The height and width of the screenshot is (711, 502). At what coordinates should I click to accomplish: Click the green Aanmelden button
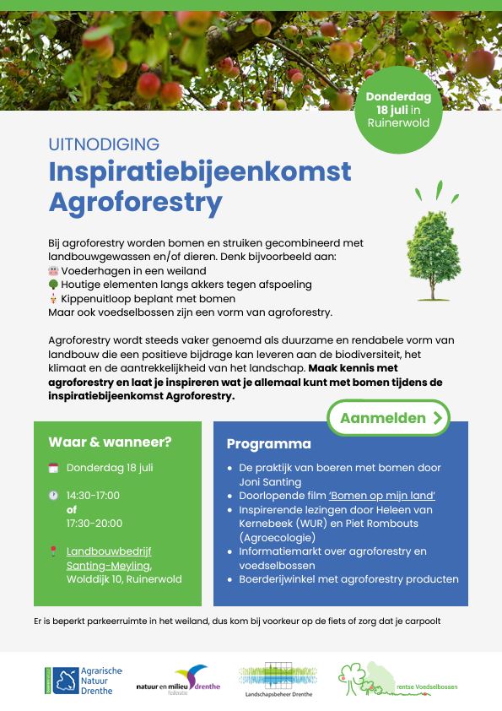[388, 418]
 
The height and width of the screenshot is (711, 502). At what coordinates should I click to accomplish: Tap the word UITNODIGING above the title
[104, 144]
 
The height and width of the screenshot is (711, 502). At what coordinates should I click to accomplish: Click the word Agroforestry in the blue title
[136, 203]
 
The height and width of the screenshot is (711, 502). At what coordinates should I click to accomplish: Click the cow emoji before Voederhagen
[53, 271]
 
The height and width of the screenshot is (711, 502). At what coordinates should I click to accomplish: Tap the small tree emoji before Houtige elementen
[53, 285]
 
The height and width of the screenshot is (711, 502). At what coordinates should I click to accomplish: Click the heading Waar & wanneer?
[110, 442]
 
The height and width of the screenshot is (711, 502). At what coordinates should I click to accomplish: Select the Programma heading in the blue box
[268, 443]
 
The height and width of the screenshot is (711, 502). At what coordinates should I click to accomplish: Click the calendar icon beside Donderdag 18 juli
[53, 467]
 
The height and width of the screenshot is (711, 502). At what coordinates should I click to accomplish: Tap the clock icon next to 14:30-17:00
[53, 496]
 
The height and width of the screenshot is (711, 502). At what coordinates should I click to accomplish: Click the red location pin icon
[53, 551]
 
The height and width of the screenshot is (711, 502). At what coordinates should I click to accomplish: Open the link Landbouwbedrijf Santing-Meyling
[109, 558]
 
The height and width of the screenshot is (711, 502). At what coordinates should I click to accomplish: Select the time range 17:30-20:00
[94, 524]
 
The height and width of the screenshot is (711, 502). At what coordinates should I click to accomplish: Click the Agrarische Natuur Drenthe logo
[84, 680]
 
